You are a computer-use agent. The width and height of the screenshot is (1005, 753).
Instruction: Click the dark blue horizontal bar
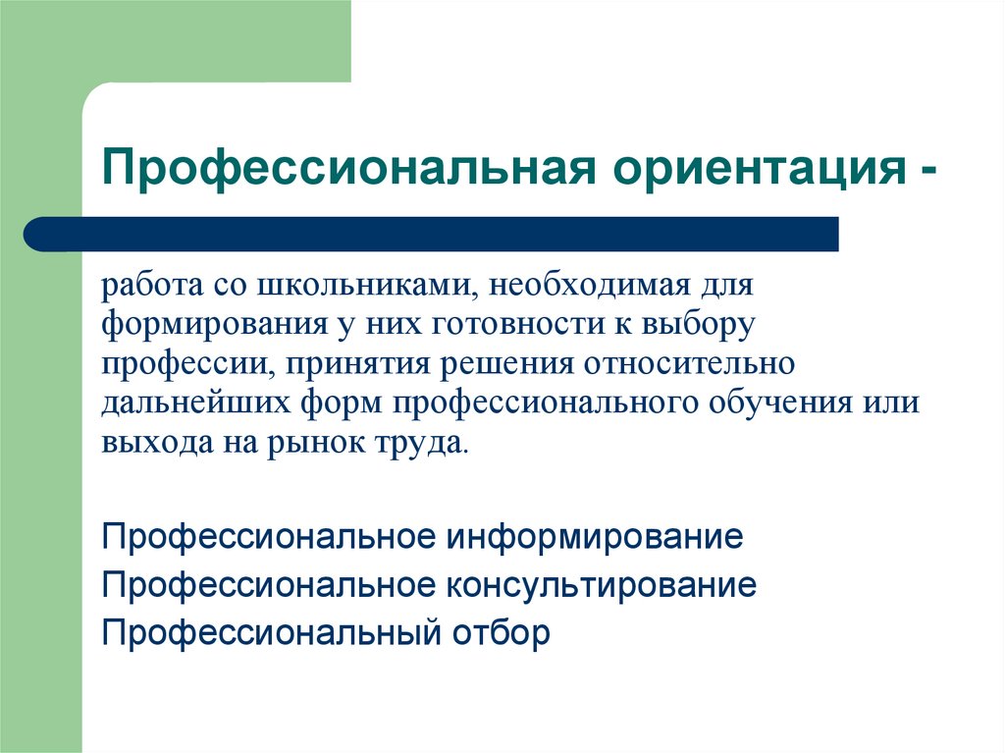coord(432,235)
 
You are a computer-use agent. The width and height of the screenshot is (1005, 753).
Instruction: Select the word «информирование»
coord(596,538)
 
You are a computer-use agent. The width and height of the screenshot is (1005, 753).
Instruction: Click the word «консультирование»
coord(603,585)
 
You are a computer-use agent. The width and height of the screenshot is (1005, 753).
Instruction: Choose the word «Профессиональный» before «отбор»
coord(269,631)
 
